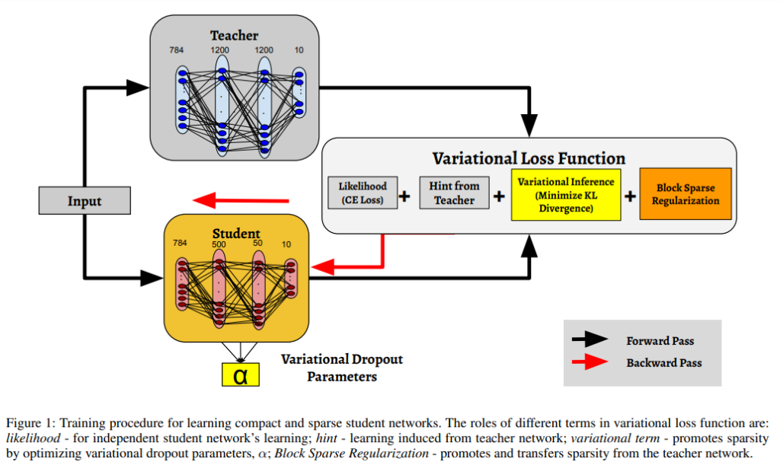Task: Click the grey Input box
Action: pyautogui.click(x=85, y=201)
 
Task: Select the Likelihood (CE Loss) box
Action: pyautogui.click(x=363, y=193)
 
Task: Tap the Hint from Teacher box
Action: pyautogui.click(x=454, y=193)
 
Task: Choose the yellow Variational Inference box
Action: pyautogui.click(x=566, y=195)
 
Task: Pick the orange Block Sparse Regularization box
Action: pyautogui.click(x=686, y=194)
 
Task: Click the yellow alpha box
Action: pyautogui.click(x=241, y=374)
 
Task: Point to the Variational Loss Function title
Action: pyautogui.click(x=529, y=158)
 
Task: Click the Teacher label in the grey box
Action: pyautogui.click(x=235, y=36)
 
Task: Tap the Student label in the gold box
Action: pyautogui.click(x=236, y=233)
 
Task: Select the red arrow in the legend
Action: pyautogui.click(x=590, y=362)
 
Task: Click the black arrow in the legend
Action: pyautogui.click(x=590, y=339)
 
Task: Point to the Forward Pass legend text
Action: pyautogui.click(x=660, y=341)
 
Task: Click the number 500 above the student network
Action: pyautogui.click(x=219, y=244)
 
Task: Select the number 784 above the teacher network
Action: pyautogui.click(x=177, y=50)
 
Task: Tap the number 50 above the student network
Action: pyautogui.click(x=257, y=243)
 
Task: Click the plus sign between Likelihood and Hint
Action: pyautogui.click(x=404, y=196)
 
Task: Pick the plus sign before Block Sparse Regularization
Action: pyautogui.click(x=630, y=196)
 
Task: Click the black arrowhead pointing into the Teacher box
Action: pyautogui.click(x=138, y=88)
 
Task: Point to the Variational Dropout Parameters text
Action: pyautogui.click(x=342, y=368)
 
